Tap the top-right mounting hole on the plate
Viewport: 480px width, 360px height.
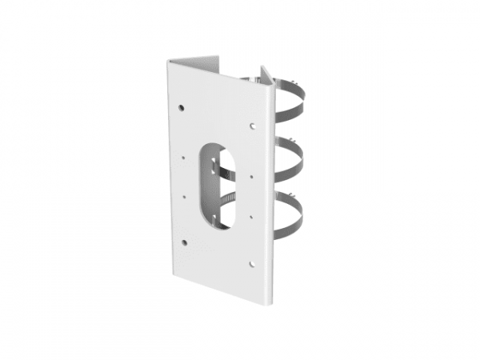(x=252, y=126)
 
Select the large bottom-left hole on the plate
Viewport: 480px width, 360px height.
(x=183, y=241)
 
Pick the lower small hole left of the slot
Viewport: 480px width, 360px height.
(x=183, y=195)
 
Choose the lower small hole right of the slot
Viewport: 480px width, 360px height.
(x=252, y=215)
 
